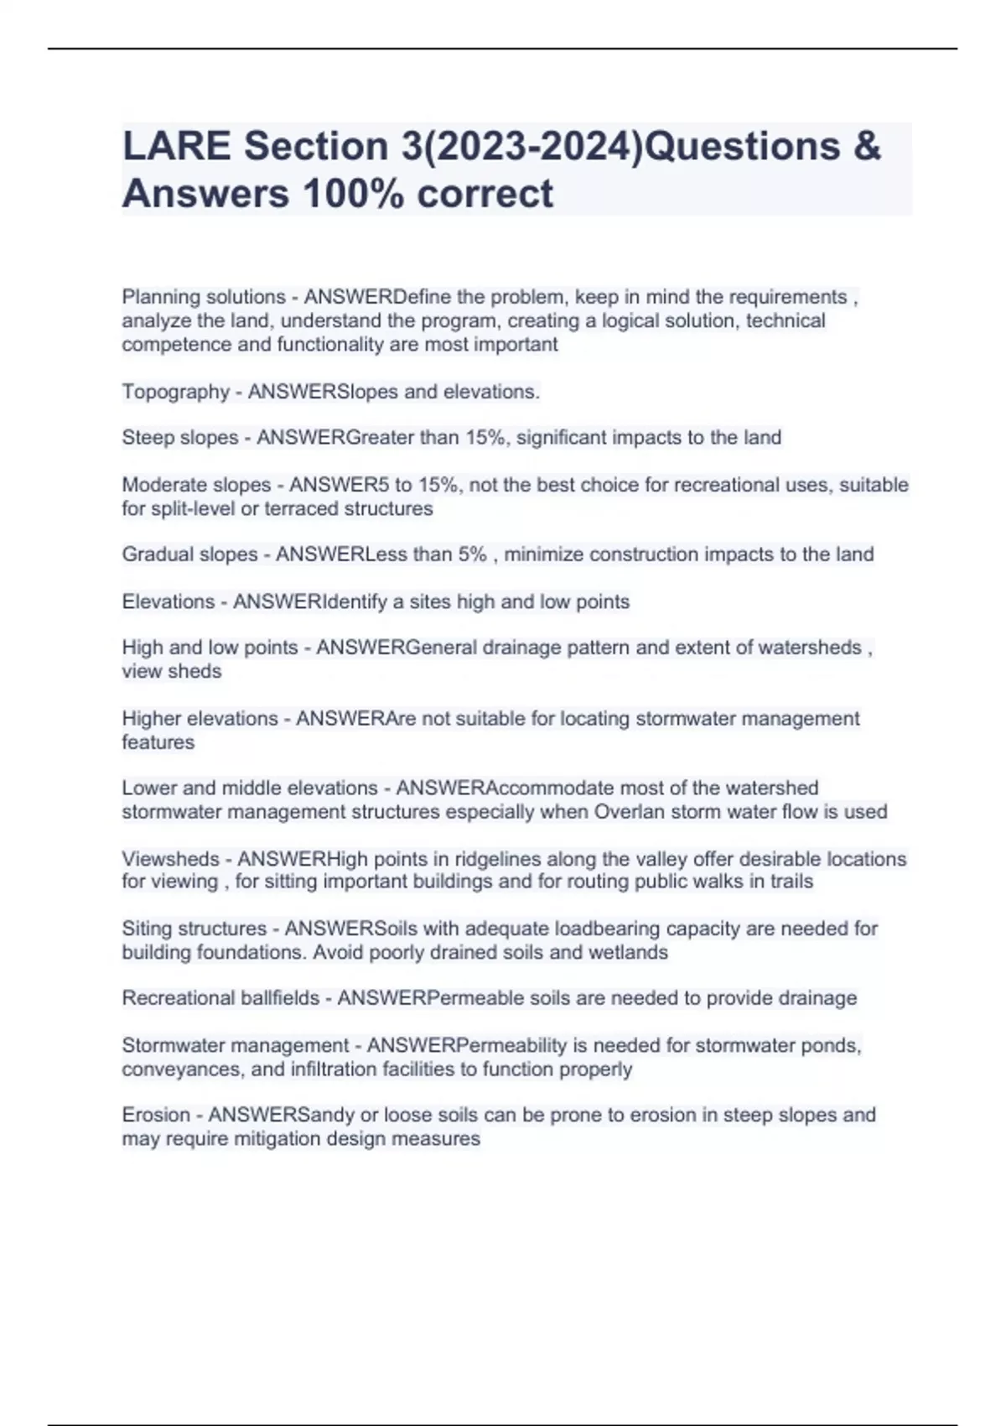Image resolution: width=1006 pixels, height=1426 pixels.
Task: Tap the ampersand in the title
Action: [868, 147]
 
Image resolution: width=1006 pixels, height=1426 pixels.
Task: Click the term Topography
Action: [175, 392]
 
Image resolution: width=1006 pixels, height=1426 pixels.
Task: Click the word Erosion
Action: [156, 1115]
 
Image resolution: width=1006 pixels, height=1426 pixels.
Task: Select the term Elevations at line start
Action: [168, 601]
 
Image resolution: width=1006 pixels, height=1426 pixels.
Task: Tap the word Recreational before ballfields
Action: [178, 998]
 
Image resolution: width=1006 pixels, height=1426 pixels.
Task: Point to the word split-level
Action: [190, 509]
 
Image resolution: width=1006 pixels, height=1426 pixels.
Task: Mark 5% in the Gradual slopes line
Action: [472, 554]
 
